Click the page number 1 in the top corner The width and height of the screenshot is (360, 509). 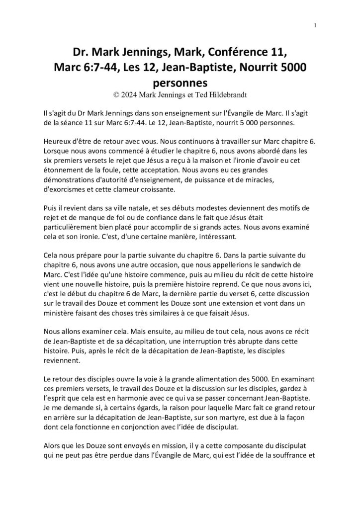316,25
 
